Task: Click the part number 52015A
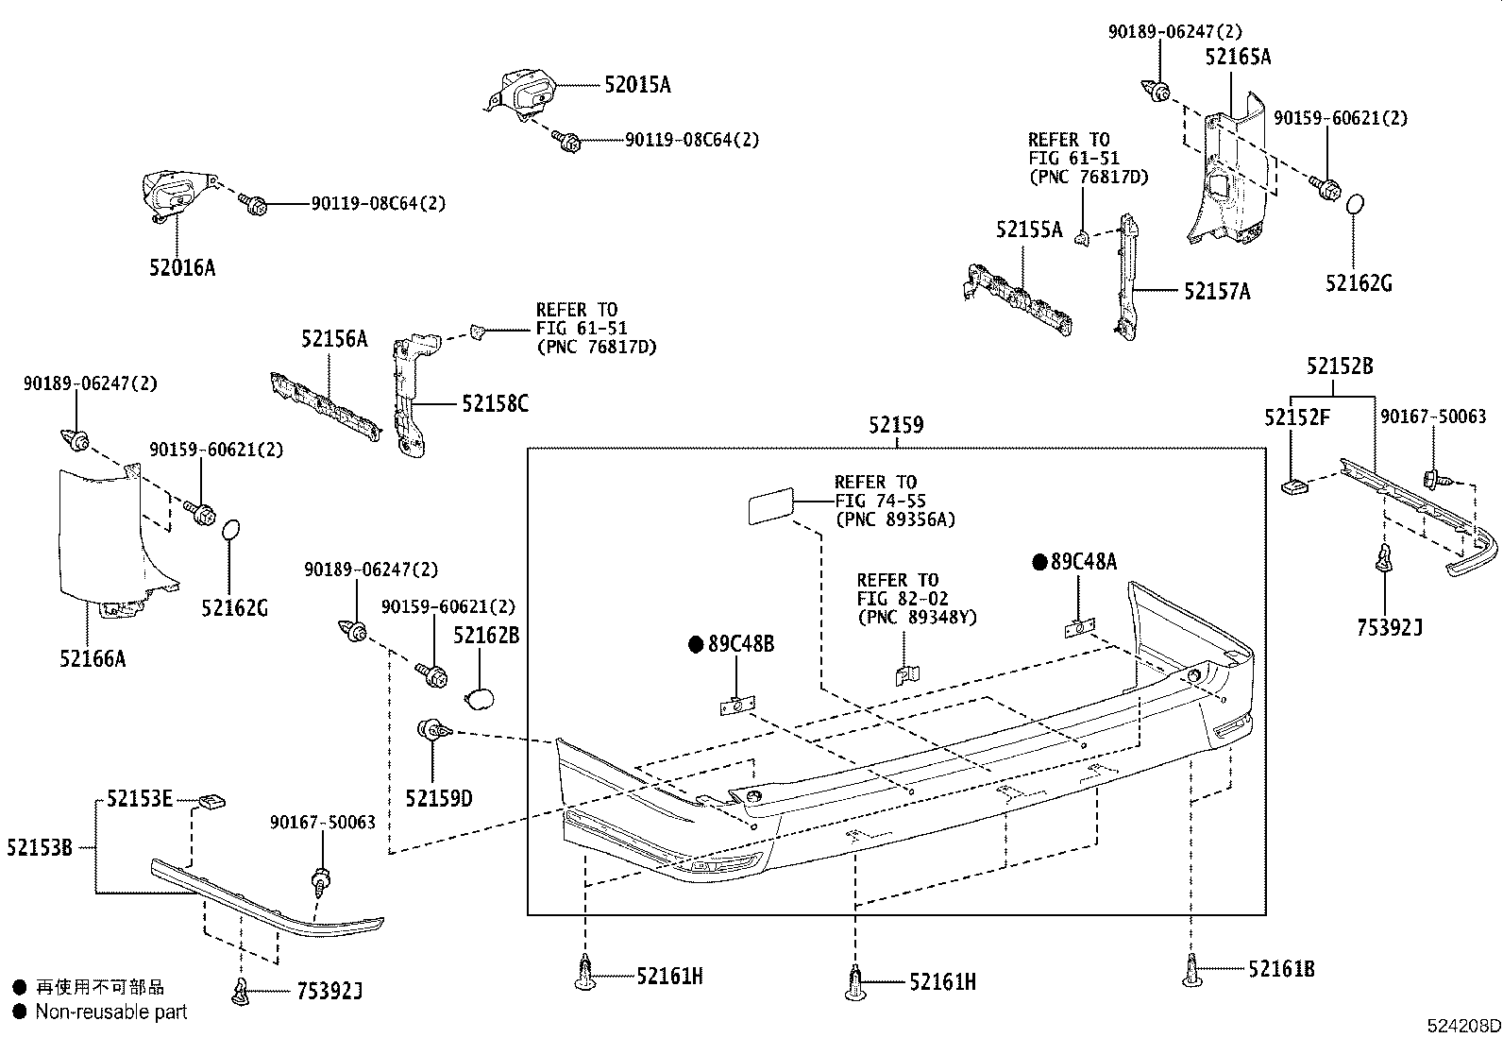click(637, 85)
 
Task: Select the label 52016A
click(181, 268)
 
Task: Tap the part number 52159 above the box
click(896, 426)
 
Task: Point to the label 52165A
click(1238, 58)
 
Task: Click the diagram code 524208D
click(1462, 1025)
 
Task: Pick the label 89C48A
click(1083, 563)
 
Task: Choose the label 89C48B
click(740, 645)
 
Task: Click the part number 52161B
click(1281, 968)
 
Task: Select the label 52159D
click(439, 799)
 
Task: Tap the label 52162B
click(486, 636)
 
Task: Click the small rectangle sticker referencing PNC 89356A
click(769, 506)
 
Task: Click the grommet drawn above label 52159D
click(433, 729)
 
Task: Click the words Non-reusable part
click(111, 1012)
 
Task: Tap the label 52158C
click(495, 404)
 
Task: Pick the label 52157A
click(1217, 292)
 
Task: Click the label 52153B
click(39, 847)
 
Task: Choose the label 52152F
click(1296, 417)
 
